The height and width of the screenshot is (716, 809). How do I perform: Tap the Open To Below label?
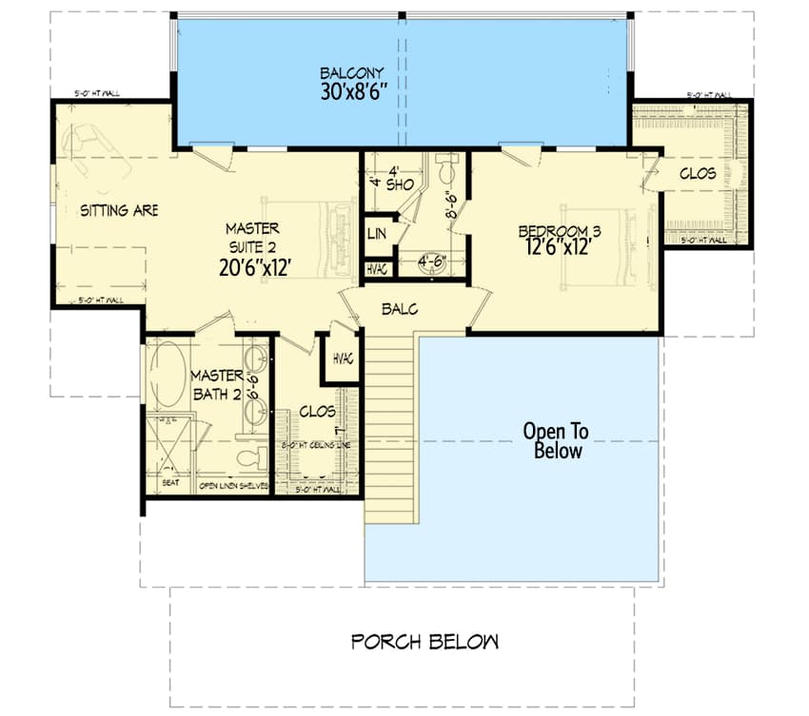coord(556,441)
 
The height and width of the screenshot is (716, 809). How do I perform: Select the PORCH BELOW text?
coord(424,642)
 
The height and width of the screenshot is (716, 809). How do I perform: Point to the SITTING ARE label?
coord(119,210)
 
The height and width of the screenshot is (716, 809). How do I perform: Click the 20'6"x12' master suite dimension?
coord(255,267)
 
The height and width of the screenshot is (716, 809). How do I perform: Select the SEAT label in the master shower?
coord(171,483)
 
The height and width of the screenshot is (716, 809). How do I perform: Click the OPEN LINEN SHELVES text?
coord(234,486)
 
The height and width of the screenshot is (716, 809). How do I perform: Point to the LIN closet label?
coord(376,234)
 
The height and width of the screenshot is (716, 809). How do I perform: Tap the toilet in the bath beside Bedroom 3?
coord(445,172)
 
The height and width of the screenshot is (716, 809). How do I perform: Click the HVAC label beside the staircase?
coord(344,359)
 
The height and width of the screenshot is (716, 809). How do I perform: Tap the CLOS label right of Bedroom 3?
coord(698,174)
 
